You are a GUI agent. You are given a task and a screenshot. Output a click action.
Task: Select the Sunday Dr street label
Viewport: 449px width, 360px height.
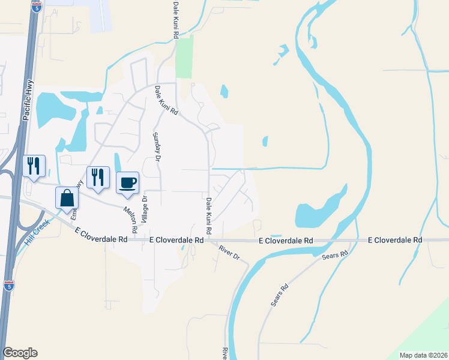pyautogui.click(x=157, y=146)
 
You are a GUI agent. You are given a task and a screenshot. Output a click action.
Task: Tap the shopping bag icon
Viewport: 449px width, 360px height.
pyautogui.click(x=66, y=197)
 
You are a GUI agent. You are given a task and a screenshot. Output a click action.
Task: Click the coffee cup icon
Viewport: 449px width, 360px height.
pyautogui.click(x=127, y=182)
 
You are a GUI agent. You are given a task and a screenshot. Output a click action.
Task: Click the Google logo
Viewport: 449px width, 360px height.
pyautogui.click(x=20, y=353)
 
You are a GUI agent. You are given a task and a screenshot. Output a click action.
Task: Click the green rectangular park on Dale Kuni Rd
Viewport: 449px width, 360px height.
pyautogui.click(x=184, y=57)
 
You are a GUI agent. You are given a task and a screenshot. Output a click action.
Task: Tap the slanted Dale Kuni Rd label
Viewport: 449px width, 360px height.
pyautogui.click(x=166, y=100)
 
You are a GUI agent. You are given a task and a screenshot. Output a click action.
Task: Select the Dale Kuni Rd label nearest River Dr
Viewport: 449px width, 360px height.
pyautogui.click(x=208, y=215)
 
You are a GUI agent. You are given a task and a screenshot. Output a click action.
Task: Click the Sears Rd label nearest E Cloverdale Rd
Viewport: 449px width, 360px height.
pyautogui.click(x=335, y=255)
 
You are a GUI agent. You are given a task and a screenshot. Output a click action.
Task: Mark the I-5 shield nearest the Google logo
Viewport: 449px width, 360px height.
pyautogui.click(x=8, y=286)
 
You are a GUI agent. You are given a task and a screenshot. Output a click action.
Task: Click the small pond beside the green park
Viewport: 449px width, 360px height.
pyautogui.click(x=224, y=91)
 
